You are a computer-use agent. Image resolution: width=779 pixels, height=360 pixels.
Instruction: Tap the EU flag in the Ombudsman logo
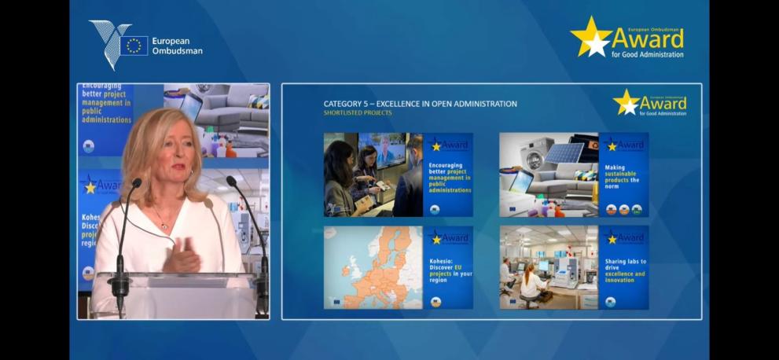134,46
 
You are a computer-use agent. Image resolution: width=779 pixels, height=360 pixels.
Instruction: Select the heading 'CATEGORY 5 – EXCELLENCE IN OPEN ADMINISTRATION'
420,104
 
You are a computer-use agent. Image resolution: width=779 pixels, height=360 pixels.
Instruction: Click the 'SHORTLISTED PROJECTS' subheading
357,113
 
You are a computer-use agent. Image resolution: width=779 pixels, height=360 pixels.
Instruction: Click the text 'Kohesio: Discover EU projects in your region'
448,267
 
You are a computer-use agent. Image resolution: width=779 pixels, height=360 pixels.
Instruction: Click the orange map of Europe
373,267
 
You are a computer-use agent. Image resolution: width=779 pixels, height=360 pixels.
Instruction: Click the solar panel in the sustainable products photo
564,152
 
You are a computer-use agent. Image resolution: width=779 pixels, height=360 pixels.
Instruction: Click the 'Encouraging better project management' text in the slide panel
448,178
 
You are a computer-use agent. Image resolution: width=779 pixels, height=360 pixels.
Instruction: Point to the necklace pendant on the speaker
164,225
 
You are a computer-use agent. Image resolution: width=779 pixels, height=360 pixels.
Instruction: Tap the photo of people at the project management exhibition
373,174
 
